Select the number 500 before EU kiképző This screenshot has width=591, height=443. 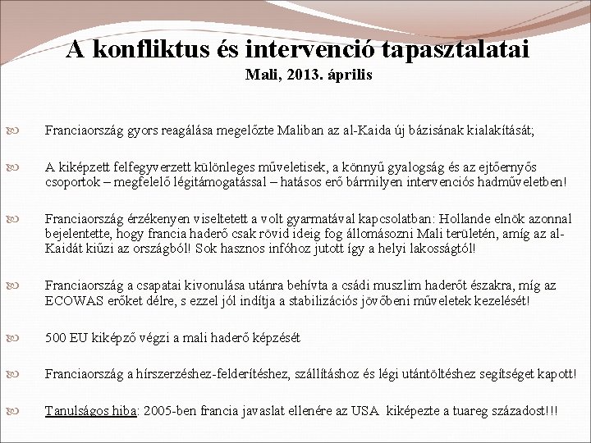click(x=56, y=337)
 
